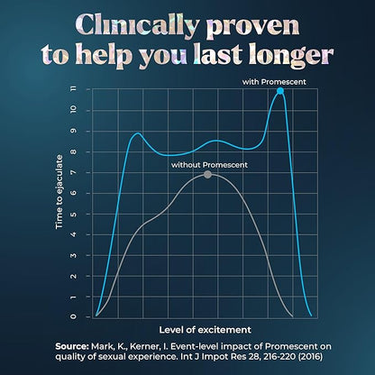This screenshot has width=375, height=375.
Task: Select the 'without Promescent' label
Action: click(x=209, y=165)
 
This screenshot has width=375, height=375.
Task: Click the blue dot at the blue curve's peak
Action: click(x=280, y=91)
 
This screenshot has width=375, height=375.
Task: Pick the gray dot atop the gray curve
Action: click(x=208, y=175)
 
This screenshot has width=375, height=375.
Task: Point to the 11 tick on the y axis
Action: click(x=86, y=90)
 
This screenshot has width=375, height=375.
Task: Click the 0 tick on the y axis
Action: click(x=86, y=316)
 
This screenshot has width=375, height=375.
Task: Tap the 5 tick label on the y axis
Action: click(x=86, y=214)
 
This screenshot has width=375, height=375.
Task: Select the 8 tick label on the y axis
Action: click(x=86, y=151)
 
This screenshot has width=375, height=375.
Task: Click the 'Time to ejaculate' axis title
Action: click(x=60, y=205)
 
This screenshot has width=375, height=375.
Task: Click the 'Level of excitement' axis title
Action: click(x=205, y=329)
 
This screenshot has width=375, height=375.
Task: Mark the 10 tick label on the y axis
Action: click(x=86, y=111)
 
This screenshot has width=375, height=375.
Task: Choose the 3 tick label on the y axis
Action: click(x=86, y=255)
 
